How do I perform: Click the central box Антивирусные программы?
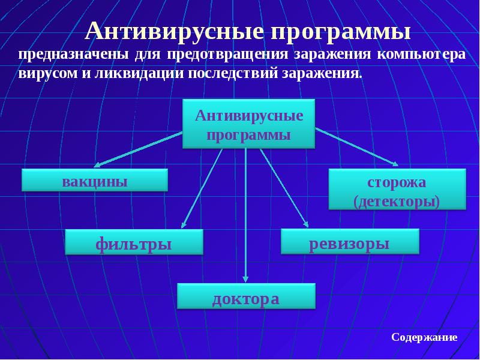click(249, 125)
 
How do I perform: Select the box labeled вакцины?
click(95, 181)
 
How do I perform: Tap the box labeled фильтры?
click(134, 243)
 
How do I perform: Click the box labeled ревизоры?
click(350, 242)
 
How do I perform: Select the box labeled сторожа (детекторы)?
click(397, 190)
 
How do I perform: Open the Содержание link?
click(424, 337)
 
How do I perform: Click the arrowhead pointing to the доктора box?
click(245, 278)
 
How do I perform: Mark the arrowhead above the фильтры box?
click(184, 225)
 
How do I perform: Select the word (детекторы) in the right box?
click(397, 200)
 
